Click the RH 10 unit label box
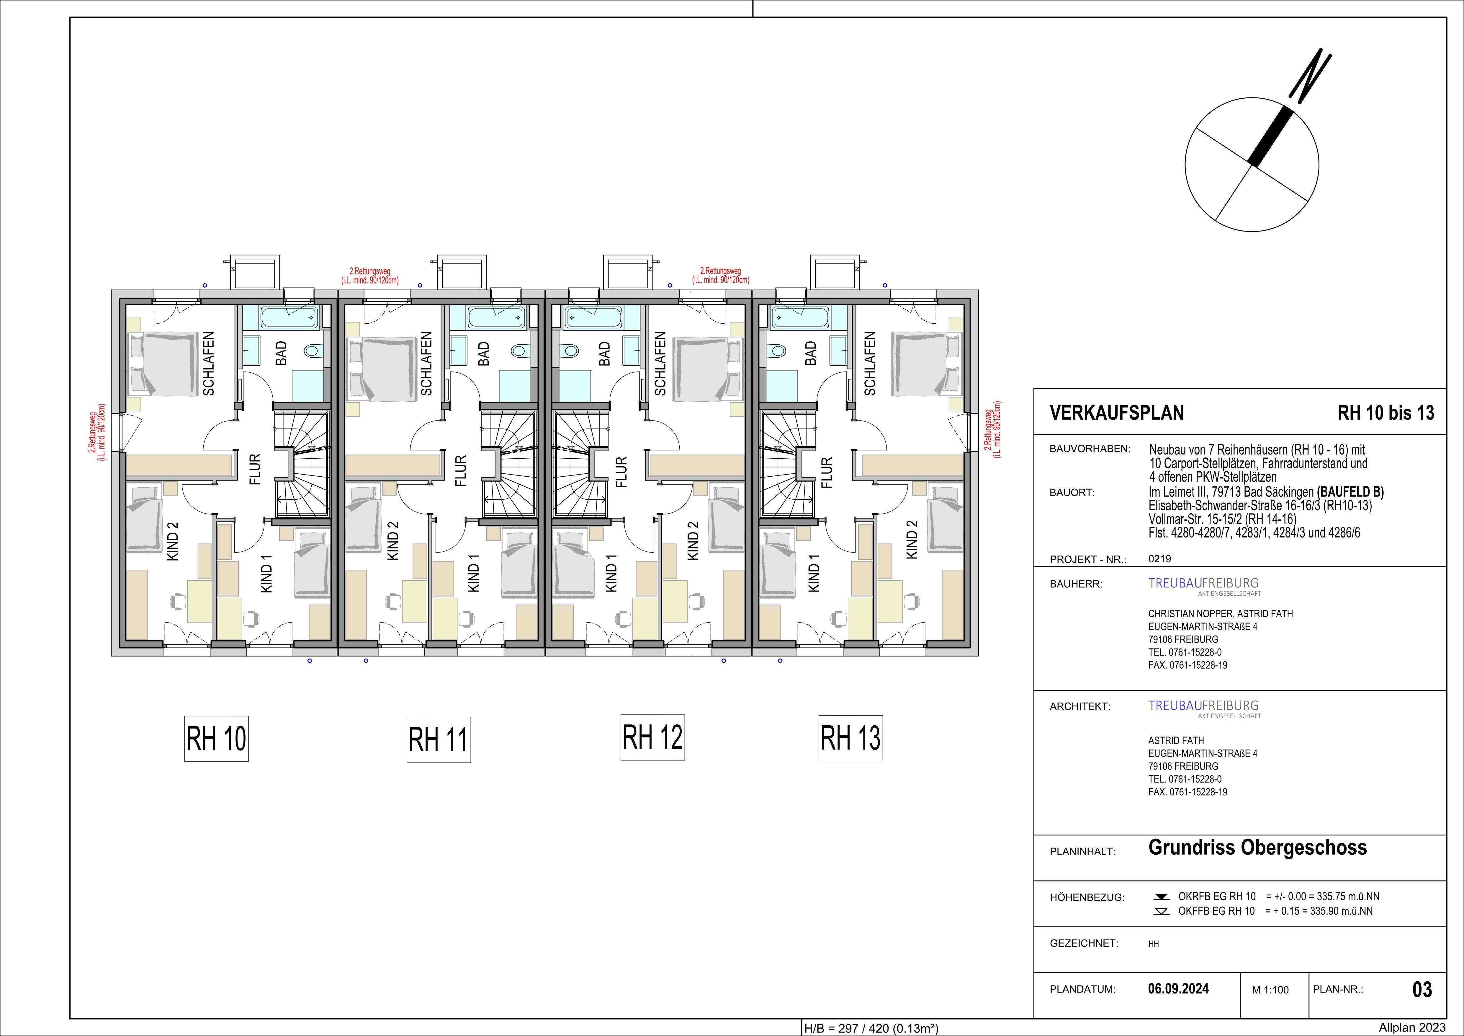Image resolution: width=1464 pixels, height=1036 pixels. click(x=216, y=739)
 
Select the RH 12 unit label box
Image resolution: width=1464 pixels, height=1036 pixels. click(x=652, y=737)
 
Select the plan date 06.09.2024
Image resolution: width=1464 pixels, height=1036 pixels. click(x=1178, y=989)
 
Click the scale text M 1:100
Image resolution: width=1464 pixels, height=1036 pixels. click(x=1270, y=990)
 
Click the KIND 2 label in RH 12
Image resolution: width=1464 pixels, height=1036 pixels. click(x=694, y=540)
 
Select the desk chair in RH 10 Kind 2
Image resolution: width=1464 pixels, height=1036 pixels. click(x=179, y=601)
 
